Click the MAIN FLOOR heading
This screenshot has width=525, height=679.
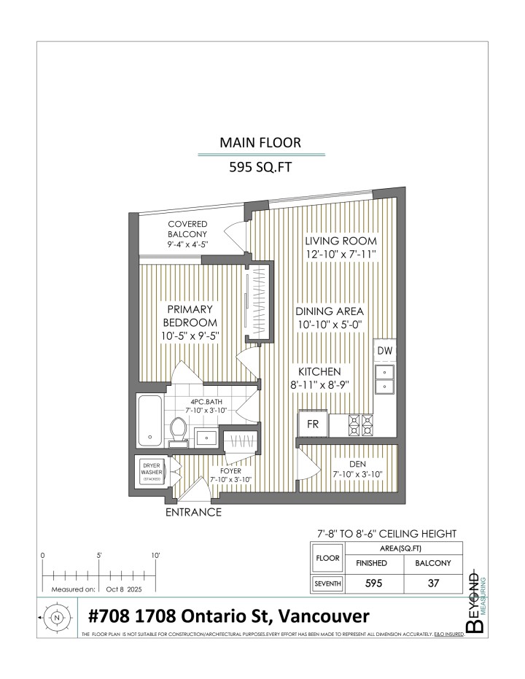coord(261,142)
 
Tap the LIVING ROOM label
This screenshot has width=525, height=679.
coord(341,241)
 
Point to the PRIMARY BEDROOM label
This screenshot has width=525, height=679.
coord(190,316)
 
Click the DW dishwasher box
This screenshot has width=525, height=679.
coord(384,352)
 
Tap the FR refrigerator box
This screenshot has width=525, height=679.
coord(312,424)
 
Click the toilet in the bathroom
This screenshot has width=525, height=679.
coord(177,430)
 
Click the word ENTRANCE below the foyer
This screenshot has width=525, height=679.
coord(194,512)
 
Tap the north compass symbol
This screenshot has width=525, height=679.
coord(57,617)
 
